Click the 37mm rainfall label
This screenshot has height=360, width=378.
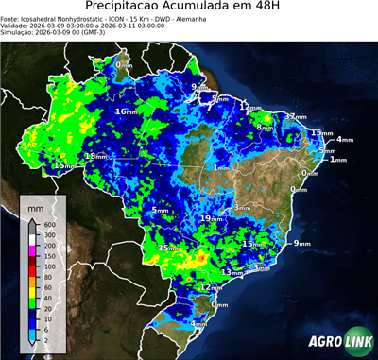point(296,117)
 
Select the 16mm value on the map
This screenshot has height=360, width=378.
point(124,111)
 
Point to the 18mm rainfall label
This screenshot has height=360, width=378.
point(94,156)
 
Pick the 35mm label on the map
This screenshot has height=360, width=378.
point(168,248)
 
